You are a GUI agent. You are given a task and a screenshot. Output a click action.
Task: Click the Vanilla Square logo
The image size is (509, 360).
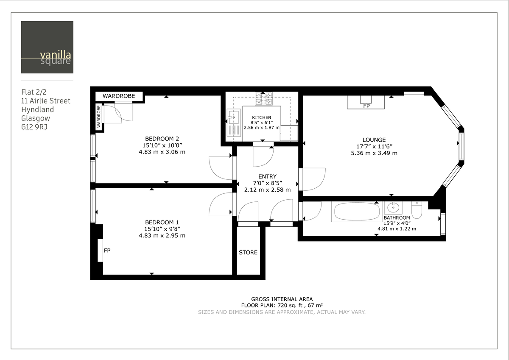coord(47,47)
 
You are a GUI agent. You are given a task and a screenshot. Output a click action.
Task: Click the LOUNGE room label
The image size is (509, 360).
coord(374,140)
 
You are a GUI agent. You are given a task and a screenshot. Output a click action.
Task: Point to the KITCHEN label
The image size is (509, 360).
coord(261,117)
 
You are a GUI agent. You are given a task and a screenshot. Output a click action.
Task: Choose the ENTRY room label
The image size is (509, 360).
coord(267,176)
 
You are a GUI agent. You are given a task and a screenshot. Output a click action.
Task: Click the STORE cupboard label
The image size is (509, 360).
coord(248,252)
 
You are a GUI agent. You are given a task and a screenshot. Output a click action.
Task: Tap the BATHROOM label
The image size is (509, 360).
coord(397,218)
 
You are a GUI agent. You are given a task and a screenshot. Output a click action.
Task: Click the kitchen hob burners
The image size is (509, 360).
coord(263,99)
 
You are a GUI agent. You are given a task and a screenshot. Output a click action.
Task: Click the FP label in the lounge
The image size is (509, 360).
coord(366,106)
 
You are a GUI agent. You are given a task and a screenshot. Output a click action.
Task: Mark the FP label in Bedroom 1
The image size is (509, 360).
coord(107,251)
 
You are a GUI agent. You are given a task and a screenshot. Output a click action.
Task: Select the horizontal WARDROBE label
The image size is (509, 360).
coord(119,96)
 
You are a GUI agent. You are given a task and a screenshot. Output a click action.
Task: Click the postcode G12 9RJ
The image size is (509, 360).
coord(34,126)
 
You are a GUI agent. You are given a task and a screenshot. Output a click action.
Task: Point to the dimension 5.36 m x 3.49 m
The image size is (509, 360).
coord(374,153)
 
